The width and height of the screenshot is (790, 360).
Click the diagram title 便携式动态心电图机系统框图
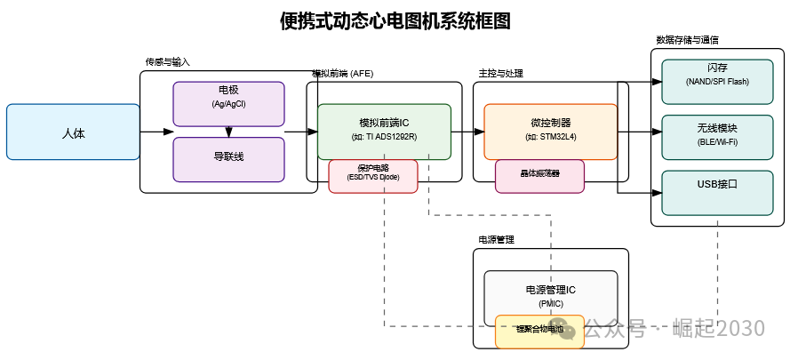pos(395,21)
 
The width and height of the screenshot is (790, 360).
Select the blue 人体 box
pos(73,132)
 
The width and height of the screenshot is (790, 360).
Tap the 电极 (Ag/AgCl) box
pos(228,97)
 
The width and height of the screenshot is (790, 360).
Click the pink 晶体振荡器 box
pos(539,176)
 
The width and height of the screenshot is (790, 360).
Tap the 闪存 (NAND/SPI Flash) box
pos(717,75)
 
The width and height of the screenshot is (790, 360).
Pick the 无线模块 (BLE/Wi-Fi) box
pos(717,132)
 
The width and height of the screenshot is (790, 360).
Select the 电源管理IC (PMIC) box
pos(550,295)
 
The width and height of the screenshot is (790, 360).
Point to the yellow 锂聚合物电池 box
pos(539,331)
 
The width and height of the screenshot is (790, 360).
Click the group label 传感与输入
pos(168,62)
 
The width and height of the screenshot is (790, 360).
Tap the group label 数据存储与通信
pos(687,40)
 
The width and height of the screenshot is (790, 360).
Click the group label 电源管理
pos(496,240)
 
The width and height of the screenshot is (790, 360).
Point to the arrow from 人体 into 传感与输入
pos(157,132)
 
